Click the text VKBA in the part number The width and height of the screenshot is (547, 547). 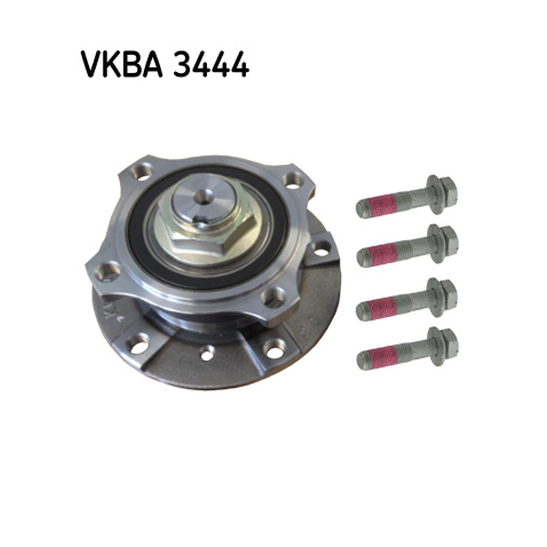point(122,64)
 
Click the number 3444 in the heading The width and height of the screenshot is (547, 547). point(211,64)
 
